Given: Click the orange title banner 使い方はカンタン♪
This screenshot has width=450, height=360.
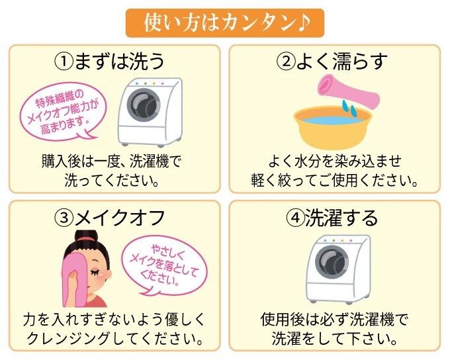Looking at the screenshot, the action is click(225, 23).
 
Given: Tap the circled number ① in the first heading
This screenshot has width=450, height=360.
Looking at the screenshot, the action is click(64, 62).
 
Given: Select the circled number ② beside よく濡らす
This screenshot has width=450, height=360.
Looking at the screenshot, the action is click(285, 62).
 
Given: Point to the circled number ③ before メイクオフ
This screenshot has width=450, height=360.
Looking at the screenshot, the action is click(64, 218).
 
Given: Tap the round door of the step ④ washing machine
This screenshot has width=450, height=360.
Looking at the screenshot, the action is click(332, 262).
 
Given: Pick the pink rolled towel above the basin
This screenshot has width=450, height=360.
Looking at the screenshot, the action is click(348, 91).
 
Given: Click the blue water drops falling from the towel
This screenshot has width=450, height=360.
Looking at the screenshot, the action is click(349, 109).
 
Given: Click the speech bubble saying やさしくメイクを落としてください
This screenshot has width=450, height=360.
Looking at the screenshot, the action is click(163, 265).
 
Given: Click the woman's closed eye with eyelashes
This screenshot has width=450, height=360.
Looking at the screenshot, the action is click(95, 271).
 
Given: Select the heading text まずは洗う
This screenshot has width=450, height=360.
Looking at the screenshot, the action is click(119, 62).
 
